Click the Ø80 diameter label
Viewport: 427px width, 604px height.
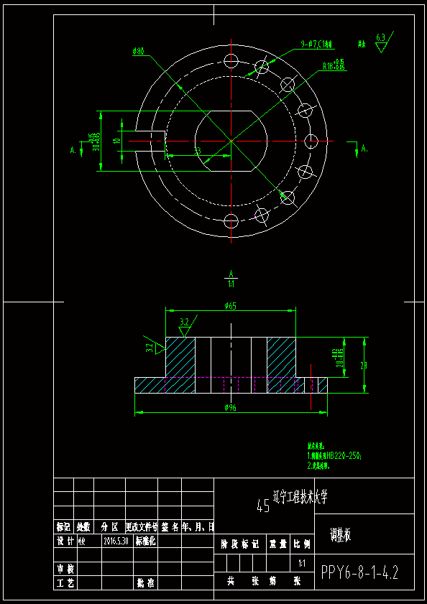point(139,51)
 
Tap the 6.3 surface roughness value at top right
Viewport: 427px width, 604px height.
point(380,37)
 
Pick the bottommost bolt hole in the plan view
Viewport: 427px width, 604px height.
point(231,220)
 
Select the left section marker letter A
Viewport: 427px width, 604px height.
point(73,150)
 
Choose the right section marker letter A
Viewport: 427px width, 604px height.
point(364,149)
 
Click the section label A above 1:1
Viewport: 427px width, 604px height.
point(231,274)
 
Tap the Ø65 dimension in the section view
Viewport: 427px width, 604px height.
point(230,306)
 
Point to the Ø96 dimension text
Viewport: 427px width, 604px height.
point(230,407)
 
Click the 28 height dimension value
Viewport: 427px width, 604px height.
point(363,366)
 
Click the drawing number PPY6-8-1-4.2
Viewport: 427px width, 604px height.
point(359,572)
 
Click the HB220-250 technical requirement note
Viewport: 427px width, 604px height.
point(334,455)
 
